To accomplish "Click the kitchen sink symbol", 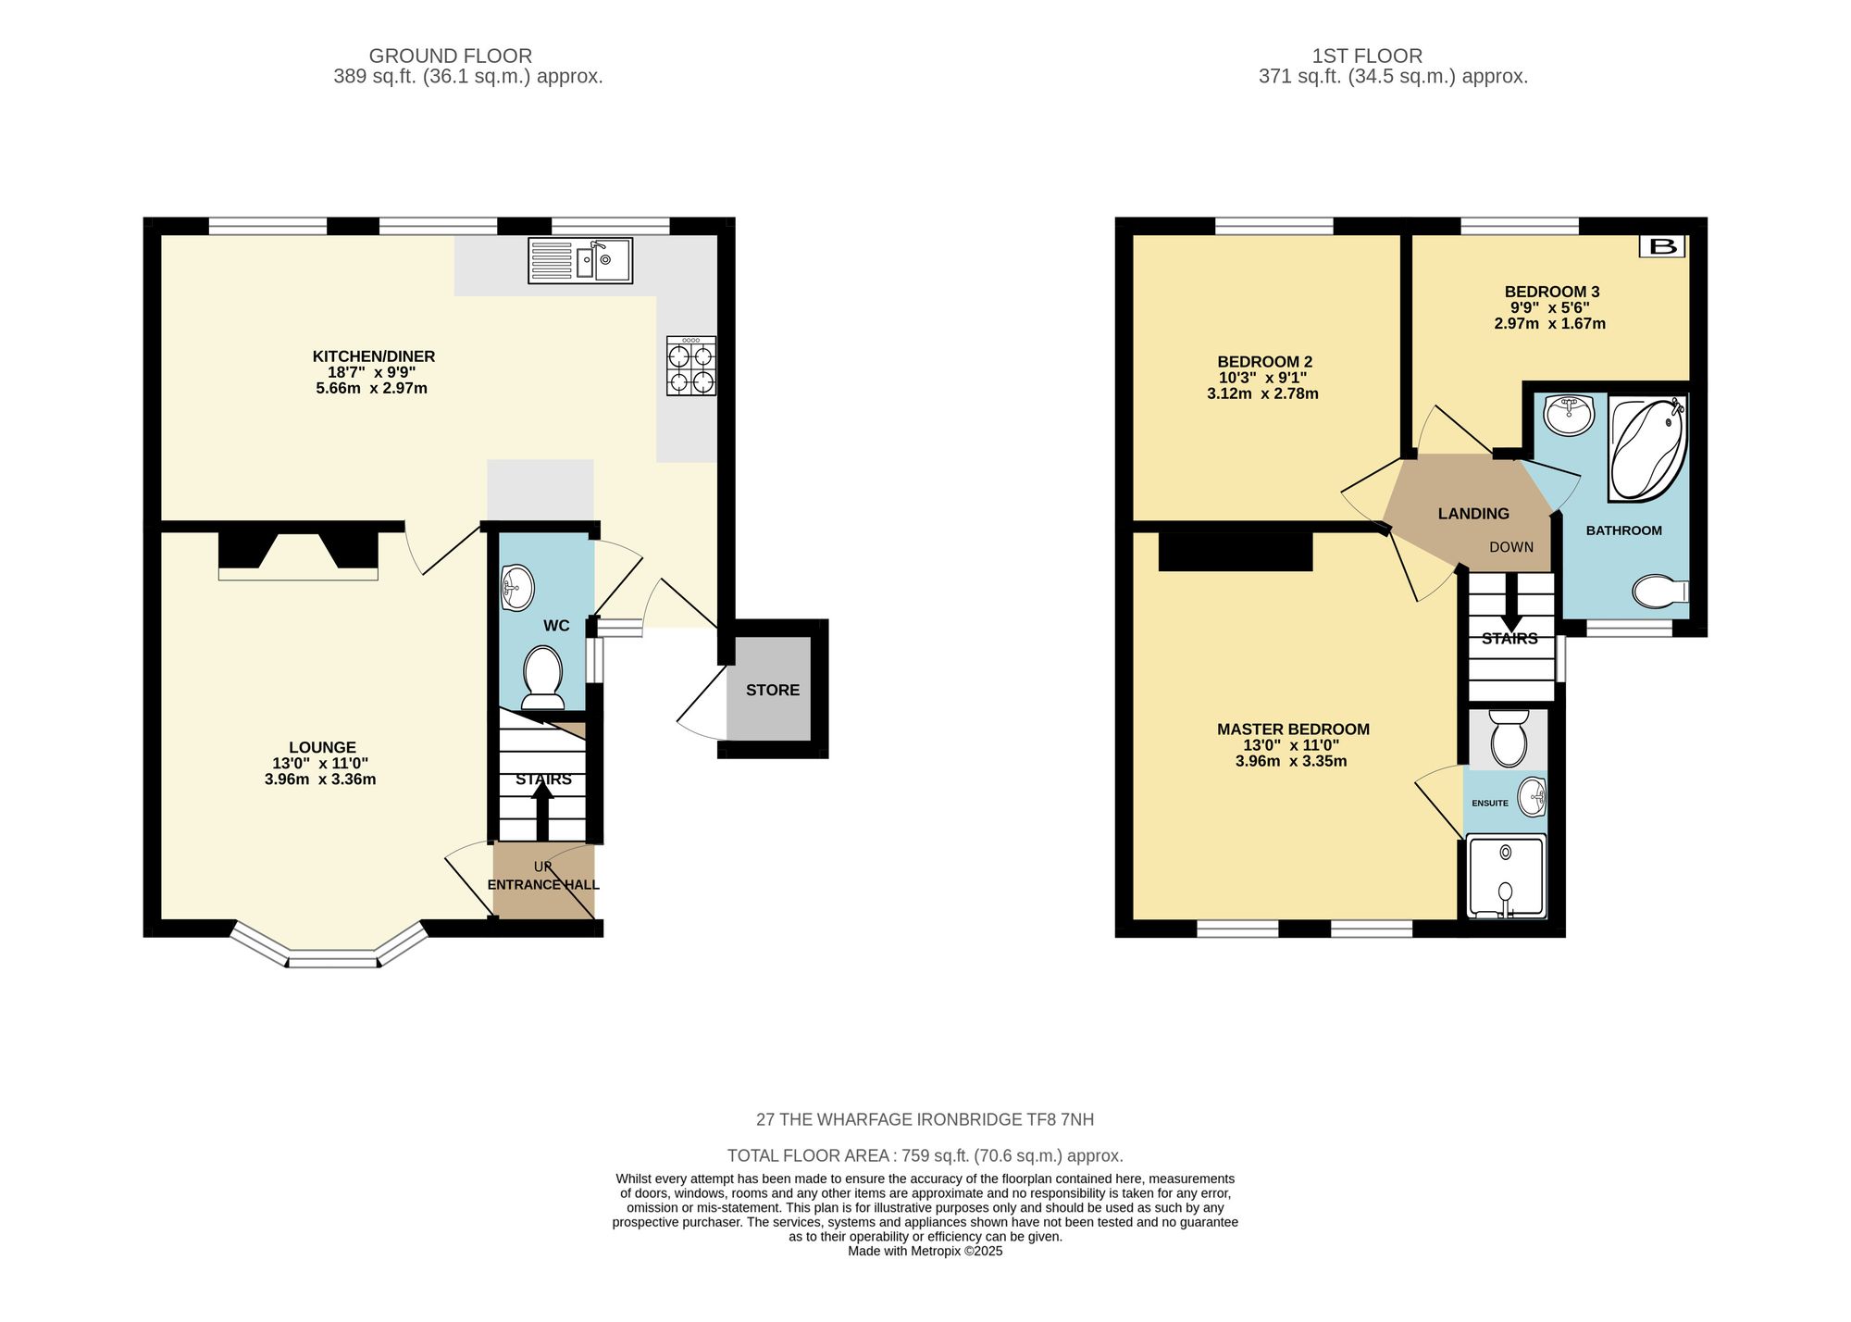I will (580, 260).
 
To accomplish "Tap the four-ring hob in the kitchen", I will (691, 367).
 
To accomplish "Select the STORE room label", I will (773, 690).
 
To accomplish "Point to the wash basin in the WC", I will (516, 588).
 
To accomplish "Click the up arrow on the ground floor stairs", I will (542, 810).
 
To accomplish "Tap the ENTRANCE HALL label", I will (543, 885).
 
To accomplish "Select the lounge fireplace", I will (298, 554).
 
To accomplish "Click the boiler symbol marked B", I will (1662, 246).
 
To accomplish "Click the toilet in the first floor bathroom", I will (1661, 592).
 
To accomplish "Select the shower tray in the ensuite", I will (1506, 876).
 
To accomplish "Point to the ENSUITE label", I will (1489, 804).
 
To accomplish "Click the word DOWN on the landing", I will (1511, 547).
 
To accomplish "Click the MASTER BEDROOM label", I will (1293, 730).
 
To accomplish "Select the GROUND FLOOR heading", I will (450, 56).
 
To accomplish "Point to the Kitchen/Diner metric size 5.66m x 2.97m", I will (372, 388).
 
